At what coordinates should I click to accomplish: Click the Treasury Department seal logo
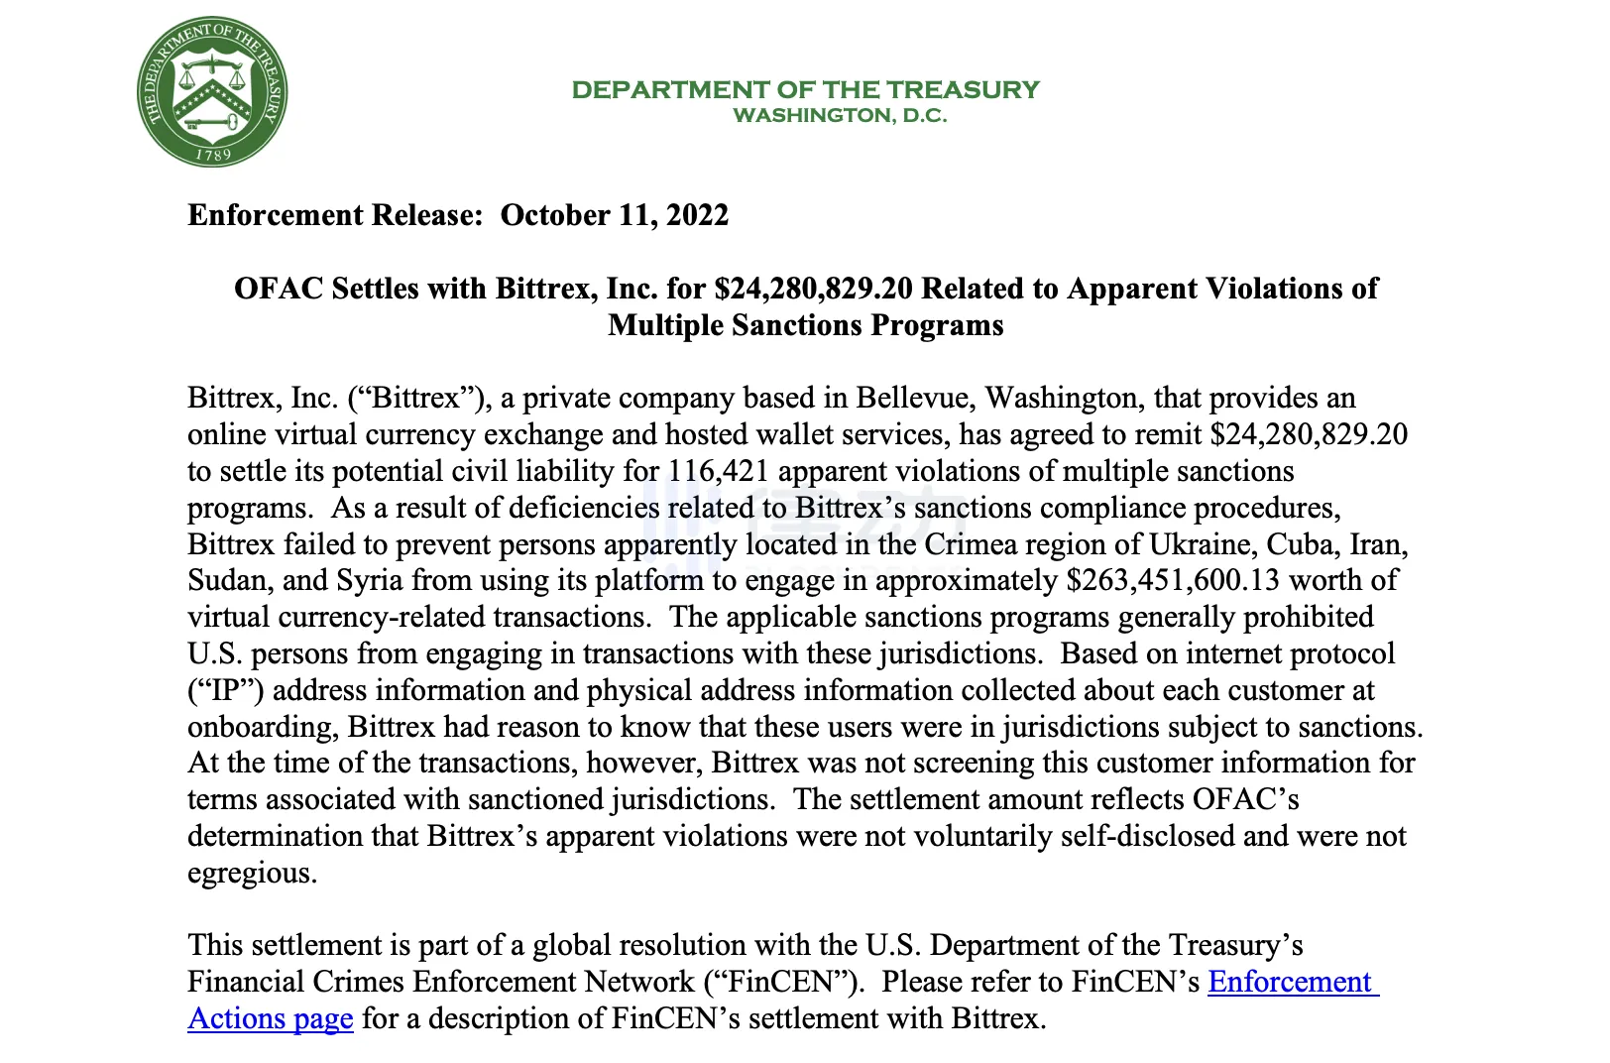pyautogui.click(x=212, y=91)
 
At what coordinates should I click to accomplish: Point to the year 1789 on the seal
pyautogui.click(x=212, y=155)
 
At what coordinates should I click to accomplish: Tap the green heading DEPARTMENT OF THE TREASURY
pyautogui.click(x=805, y=90)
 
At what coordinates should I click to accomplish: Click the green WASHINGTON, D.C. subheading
pyautogui.click(x=840, y=116)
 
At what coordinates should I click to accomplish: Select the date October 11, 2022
pyautogui.click(x=614, y=215)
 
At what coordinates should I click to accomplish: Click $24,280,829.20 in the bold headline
pyautogui.click(x=813, y=289)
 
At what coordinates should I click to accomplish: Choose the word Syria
pyautogui.click(x=370, y=580)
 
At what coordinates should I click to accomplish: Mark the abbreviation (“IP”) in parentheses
pyautogui.click(x=225, y=690)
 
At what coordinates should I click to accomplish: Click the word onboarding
pyautogui.click(x=262, y=727)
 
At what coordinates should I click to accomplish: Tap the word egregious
pyautogui.click(x=251, y=874)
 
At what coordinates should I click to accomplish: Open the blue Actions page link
pyautogui.click(x=270, y=1019)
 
